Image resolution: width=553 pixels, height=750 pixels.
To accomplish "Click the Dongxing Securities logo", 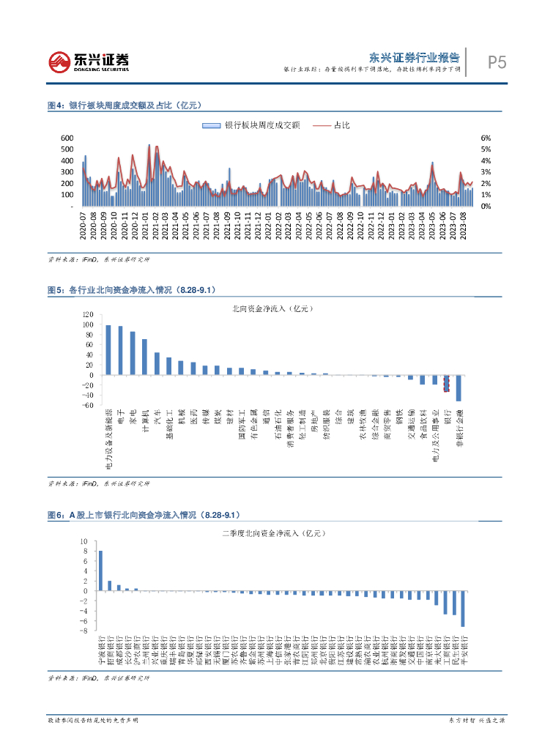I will (x=89, y=62).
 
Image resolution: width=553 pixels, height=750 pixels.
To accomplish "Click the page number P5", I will (x=497, y=63).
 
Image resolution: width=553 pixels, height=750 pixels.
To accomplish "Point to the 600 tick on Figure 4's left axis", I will (x=67, y=138).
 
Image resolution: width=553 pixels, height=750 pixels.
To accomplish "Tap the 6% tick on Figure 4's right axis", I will (x=485, y=138).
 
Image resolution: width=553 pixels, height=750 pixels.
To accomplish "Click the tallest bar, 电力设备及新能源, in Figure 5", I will (x=108, y=350).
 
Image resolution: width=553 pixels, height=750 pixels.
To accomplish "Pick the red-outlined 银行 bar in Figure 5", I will (x=446, y=383).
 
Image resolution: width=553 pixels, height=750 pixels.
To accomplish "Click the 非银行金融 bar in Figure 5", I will (x=459, y=388).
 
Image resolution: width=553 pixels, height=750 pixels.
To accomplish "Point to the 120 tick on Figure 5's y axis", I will (x=89, y=314).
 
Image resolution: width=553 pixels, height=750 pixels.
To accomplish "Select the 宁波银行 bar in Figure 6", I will (x=100, y=571).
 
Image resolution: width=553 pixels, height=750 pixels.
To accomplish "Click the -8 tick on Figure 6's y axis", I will (x=85, y=631).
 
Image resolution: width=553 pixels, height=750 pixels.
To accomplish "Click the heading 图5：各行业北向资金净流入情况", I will (x=132, y=291).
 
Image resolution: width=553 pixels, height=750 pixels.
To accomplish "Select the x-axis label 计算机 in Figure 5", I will (x=144, y=419).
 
